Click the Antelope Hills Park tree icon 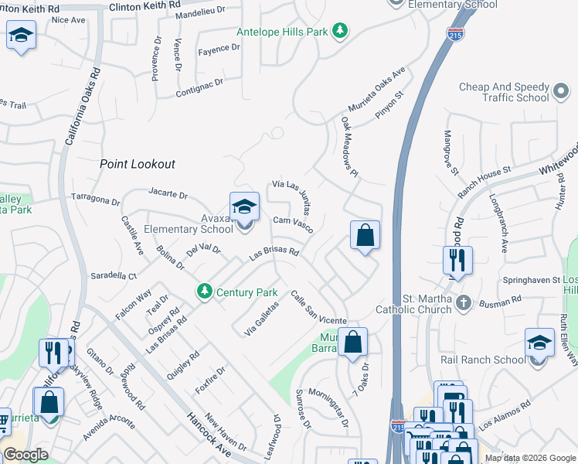click(x=340, y=32)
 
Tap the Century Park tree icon click(x=205, y=292)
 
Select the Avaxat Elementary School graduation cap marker click(x=244, y=207)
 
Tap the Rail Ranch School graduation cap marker click(x=539, y=343)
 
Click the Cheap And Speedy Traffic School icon click(x=562, y=93)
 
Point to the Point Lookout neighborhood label click(x=138, y=164)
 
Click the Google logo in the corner click(x=26, y=455)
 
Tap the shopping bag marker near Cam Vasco click(x=365, y=235)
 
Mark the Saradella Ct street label click(x=114, y=275)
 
